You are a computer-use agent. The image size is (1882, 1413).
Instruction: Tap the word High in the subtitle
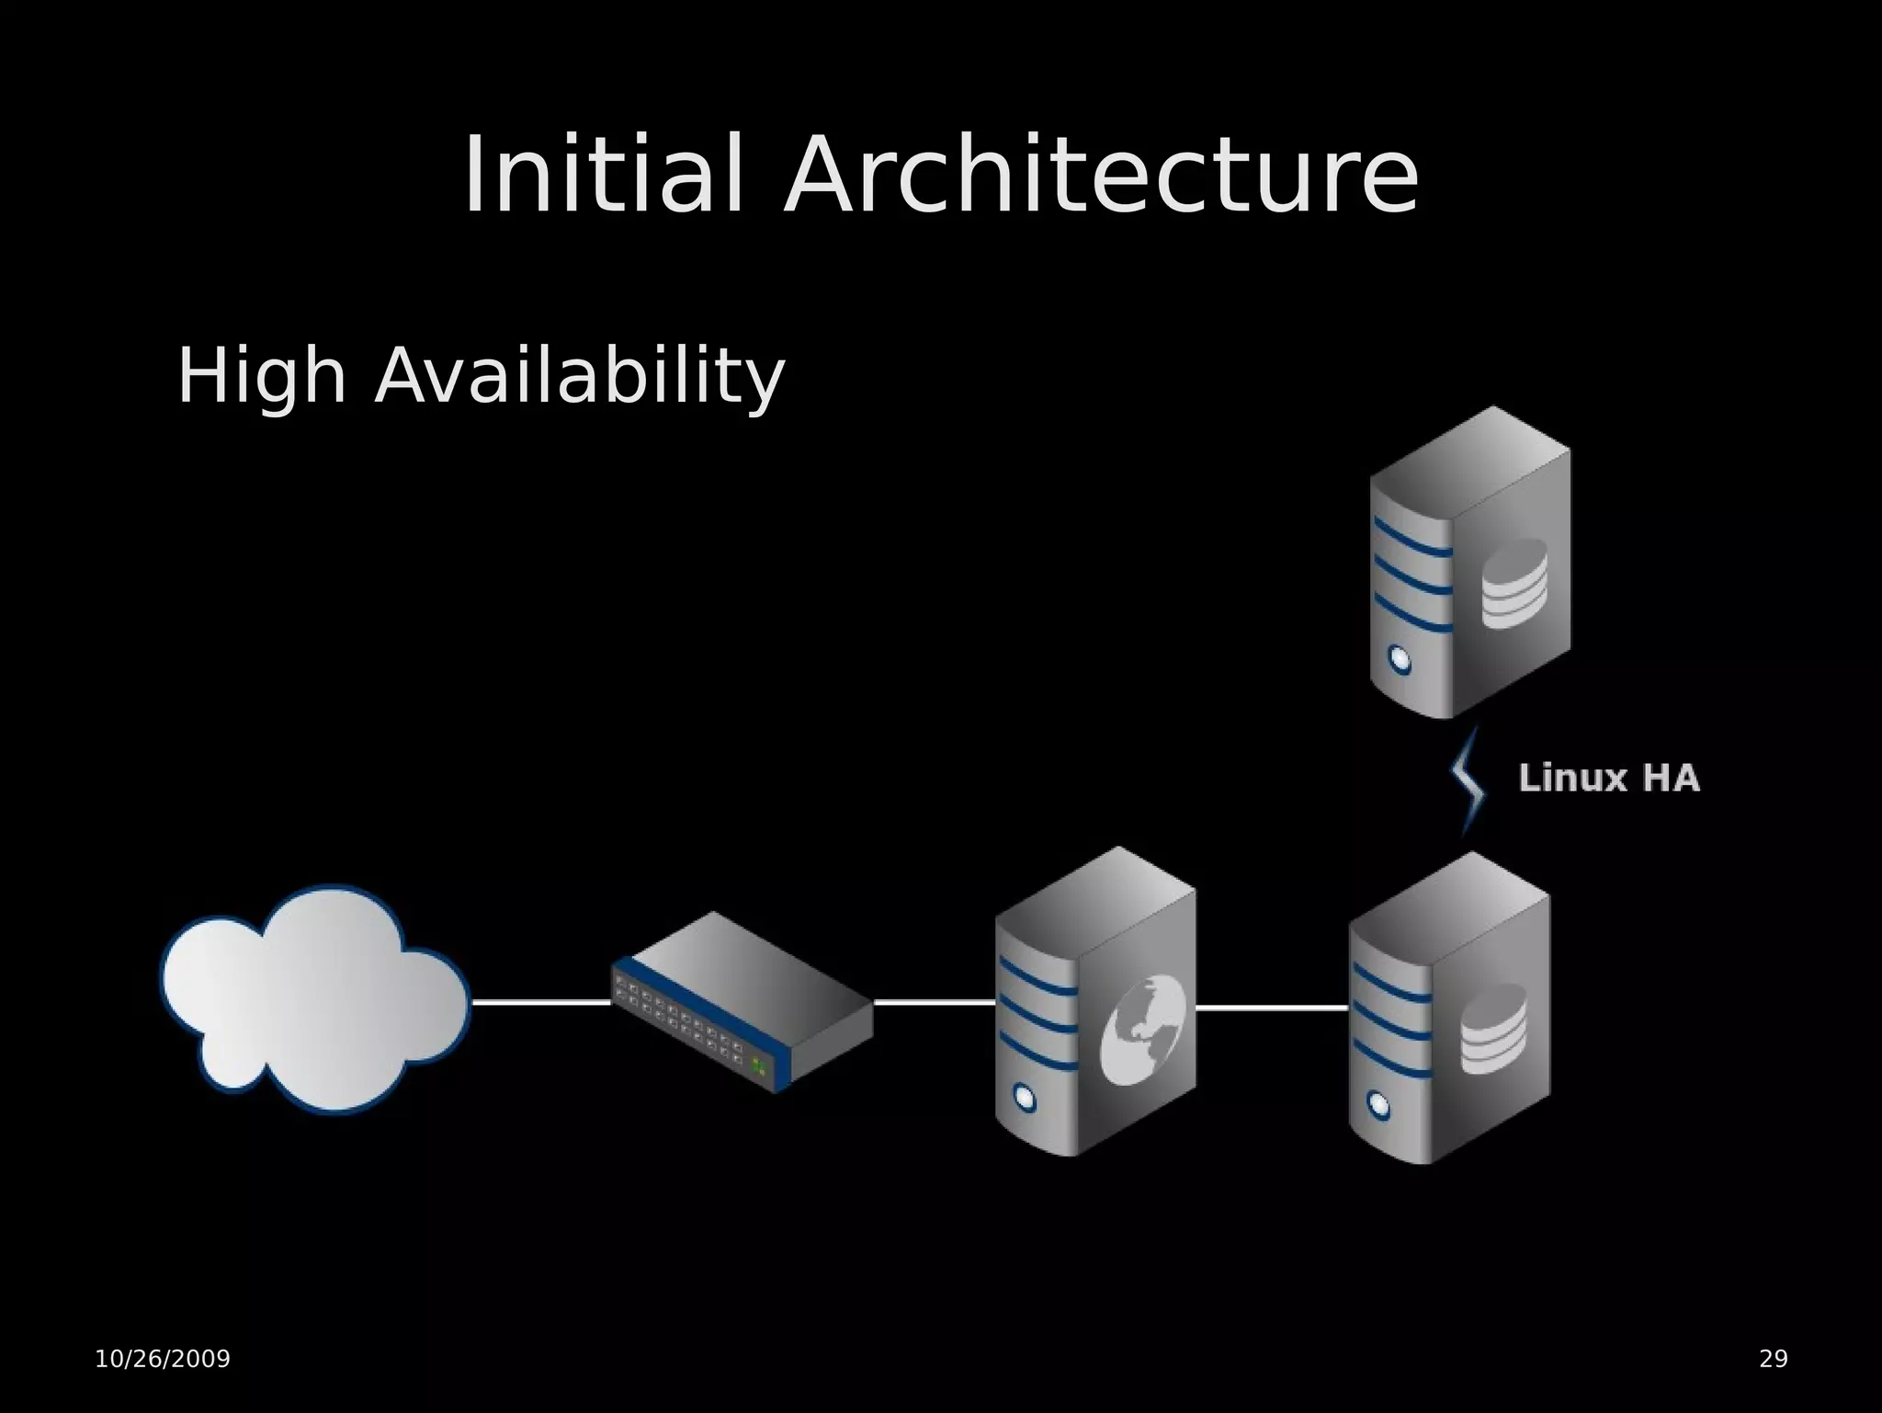point(261,375)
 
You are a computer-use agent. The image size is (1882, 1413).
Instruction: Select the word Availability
point(579,375)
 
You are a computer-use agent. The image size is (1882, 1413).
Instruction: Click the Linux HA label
point(1609,778)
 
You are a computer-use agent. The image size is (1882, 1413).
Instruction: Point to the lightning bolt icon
point(1468,781)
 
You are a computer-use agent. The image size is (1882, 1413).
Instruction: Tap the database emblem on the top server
point(1514,584)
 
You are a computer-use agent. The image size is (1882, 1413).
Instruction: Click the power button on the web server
point(1023,1096)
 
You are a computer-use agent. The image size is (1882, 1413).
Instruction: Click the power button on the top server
point(1399,658)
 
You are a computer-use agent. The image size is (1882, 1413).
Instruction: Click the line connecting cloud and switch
point(540,1002)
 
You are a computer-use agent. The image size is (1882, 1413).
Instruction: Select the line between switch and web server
point(934,1002)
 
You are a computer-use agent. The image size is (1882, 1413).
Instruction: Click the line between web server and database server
point(1272,1008)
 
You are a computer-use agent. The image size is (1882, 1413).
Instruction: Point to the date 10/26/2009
point(163,1359)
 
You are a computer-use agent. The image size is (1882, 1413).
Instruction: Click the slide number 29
point(1773,1359)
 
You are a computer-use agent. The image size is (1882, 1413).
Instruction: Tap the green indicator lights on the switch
point(759,1065)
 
